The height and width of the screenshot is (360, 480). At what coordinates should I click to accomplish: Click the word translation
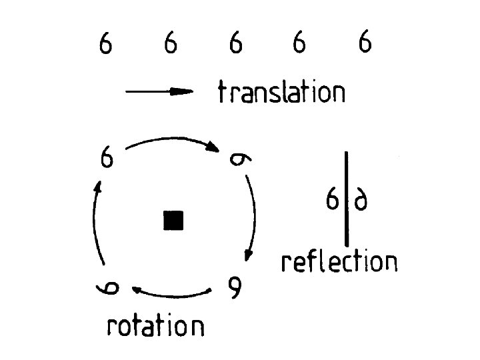(x=281, y=92)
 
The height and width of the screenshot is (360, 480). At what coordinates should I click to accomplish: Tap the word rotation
(x=155, y=326)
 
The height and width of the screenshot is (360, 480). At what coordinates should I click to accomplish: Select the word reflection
(x=339, y=261)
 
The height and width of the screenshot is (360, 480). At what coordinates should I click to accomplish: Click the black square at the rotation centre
(x=173, y=220)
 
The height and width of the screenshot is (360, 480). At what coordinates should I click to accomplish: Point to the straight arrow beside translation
(x=159, y=93)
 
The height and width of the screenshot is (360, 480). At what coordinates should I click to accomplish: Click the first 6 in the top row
(x=105, y=45)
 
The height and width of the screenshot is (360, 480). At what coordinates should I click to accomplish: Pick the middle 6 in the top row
(x=235, y=45)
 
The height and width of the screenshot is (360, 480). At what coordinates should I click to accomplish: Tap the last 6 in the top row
(x=365, y=45)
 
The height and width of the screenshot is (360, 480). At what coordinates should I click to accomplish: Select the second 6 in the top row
(x=171, y=45)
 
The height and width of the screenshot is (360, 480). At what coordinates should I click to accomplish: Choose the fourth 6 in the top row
(x=299, y=45)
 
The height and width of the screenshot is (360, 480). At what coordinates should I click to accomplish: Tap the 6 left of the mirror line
(x=332, y=199)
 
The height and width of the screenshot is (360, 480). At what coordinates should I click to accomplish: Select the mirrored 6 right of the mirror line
(x=361, y=200)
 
